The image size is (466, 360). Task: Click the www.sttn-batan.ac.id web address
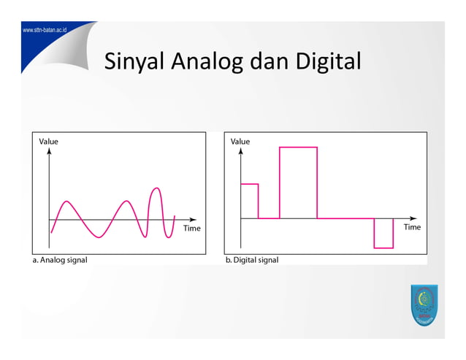[45, 31]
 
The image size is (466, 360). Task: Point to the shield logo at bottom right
[423, 307]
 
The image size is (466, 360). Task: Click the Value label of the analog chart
[49, 141]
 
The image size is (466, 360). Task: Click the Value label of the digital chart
[240, 141]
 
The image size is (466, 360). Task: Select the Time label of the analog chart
[191, 228]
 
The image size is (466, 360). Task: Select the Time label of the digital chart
[412, 227]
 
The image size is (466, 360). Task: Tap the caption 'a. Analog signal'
[60, 259]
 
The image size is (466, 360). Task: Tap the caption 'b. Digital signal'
[252, 259]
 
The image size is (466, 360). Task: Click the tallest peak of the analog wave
[156, 189]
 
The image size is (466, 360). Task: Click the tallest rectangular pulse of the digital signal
[298, 183]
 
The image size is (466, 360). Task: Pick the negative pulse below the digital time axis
[383, 233]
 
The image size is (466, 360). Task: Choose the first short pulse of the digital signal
[250, 201]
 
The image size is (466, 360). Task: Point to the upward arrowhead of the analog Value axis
[49, 151]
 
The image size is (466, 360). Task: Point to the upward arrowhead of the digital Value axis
[241, 151]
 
